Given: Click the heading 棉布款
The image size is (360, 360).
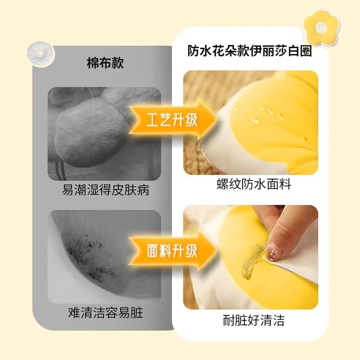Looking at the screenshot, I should pos(105,63).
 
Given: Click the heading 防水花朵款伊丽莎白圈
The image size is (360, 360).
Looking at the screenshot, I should pos(250,51).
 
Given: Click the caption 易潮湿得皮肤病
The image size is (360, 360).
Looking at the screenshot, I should pos(105,190).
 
